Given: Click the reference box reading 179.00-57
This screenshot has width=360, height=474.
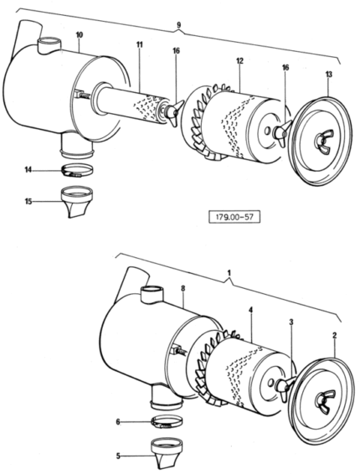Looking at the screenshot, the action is click(234, 218).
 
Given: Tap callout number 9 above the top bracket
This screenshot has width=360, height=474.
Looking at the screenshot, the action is click(178, 25).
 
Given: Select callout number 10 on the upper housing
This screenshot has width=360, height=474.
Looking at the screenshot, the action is click(79, 35).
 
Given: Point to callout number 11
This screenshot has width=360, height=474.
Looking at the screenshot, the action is click(139, 44).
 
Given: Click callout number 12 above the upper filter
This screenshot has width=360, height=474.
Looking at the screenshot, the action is click(239, 61).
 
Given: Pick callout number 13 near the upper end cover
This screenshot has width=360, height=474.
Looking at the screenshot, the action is click(329, 74).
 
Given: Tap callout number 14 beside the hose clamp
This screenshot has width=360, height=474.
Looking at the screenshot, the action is click(28, 171).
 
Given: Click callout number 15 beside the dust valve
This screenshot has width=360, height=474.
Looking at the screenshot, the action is click(28, 201).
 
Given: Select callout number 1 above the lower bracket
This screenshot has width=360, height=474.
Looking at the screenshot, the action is click(229, 273).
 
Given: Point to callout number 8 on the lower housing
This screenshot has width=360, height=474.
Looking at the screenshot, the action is click(183, 289).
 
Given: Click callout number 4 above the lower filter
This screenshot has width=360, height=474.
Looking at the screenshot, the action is click(251, 310).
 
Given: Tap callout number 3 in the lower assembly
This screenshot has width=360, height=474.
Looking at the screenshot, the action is click(291, 322).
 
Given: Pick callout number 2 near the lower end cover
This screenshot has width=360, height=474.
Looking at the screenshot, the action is click(335, 336).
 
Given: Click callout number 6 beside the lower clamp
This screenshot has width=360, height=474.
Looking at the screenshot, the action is click(118, 422).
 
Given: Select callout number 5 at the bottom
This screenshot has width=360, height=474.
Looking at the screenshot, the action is click(118, 456).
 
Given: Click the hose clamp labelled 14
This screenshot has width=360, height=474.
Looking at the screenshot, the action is click(77, 170).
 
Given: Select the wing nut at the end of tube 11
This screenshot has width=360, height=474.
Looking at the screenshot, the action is click(174, 113).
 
